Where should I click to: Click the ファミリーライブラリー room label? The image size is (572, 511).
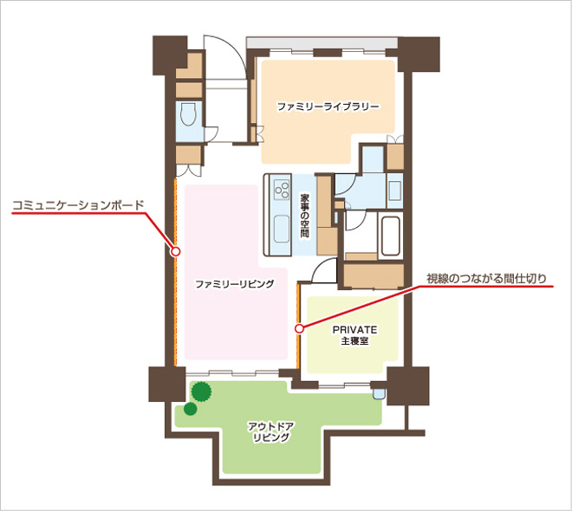coord(328,107)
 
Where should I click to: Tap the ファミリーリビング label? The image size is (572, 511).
coord(235,284)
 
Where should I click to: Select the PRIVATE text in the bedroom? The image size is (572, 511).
coord(354,329)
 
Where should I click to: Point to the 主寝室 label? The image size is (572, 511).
coord(354,341)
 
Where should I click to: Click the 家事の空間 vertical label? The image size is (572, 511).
coord(304,215)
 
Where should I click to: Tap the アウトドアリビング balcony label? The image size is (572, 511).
coord(271,432)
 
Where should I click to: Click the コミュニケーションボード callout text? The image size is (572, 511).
coord(78,205)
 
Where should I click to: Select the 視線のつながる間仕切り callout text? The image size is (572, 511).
coord(487,279)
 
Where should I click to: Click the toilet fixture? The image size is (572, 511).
coord(188,114)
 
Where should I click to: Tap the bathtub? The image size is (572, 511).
coord(390,236)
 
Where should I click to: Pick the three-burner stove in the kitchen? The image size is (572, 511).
coord(282,190)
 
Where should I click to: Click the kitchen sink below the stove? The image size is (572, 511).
coord(282,229)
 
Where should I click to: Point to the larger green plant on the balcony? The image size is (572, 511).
coord(201,391)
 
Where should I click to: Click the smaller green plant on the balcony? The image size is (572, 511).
coord(190,409)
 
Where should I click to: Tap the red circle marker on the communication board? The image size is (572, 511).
coord(176,251)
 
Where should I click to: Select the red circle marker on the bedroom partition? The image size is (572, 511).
coord(299,329)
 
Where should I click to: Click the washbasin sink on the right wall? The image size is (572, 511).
coord(394,191)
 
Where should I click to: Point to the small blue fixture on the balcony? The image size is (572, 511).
coord(378,393)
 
